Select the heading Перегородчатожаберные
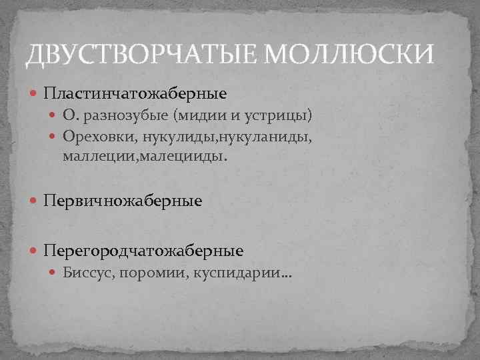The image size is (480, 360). click(x=143, y=251)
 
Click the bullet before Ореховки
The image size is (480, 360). click(x=55, y=137)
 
